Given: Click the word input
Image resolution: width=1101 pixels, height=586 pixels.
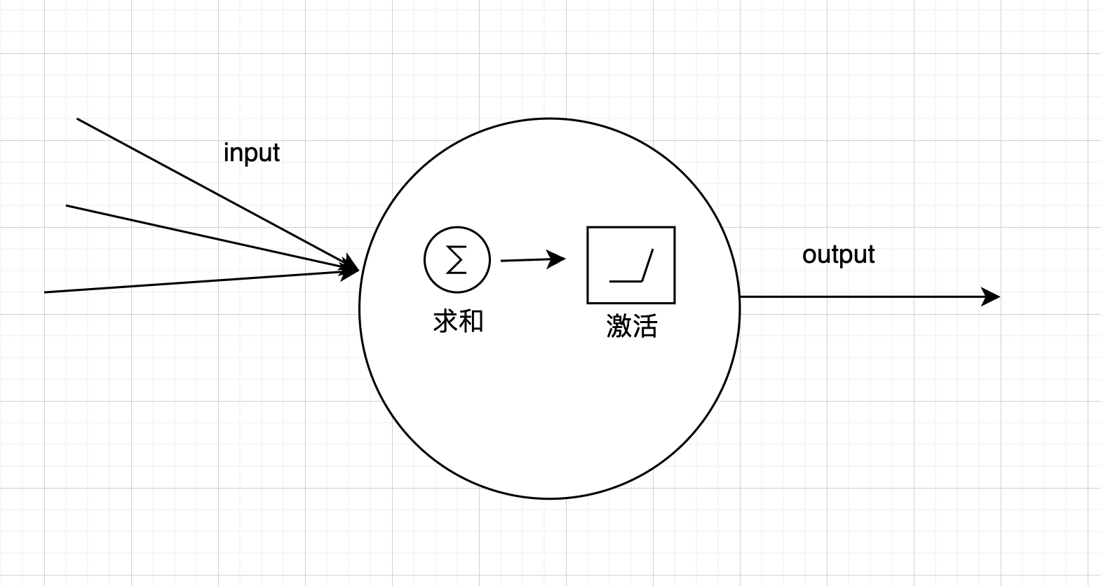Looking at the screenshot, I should tap(251, 153).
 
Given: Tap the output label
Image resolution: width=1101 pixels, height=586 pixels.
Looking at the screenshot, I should tap(838, 254).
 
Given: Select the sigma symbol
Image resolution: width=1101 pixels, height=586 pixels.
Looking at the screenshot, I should tap(457, 260).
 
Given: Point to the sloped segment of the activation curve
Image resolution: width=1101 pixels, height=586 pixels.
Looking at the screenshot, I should tap(647, 265).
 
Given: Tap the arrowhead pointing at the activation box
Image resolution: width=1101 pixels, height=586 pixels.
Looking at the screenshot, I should tap(558, 259).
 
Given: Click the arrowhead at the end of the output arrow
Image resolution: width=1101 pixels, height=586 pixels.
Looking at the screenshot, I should tap(991, 297).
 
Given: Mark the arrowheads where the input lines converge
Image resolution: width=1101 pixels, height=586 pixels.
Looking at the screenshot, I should tap(349, 268).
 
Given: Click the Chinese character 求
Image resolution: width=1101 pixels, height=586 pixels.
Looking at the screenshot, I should tap(446, 322).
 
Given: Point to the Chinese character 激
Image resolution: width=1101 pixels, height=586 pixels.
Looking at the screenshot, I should tap(619, 327).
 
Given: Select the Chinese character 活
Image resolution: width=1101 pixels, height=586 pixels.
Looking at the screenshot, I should tap(644, 327).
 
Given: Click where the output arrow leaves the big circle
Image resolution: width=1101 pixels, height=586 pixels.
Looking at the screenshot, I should tap(741, 297).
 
